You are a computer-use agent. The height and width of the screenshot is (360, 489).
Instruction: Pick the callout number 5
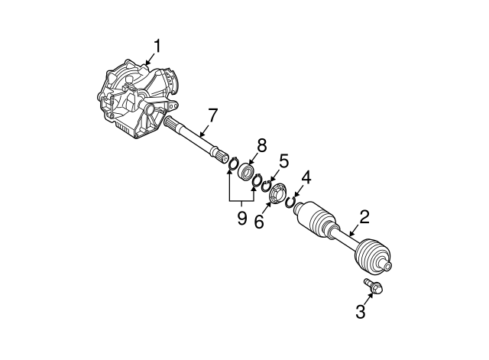[283, 161]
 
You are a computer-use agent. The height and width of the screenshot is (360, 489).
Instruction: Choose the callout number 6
[257, 222]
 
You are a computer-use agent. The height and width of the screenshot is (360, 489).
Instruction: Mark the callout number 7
[212, 115]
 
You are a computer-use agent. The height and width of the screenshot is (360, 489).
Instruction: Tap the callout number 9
[241, 219]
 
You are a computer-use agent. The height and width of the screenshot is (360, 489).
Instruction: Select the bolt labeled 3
[374, 287]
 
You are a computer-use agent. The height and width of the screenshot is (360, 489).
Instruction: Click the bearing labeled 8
[247, 171]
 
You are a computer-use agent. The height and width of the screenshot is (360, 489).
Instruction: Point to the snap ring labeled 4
[291, 203]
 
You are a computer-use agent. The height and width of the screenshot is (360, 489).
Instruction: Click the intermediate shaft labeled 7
[197, 141]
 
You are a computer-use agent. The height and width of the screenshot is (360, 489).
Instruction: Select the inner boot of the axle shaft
[315, 218]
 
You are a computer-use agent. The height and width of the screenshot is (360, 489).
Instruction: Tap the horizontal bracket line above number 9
[241, 201]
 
